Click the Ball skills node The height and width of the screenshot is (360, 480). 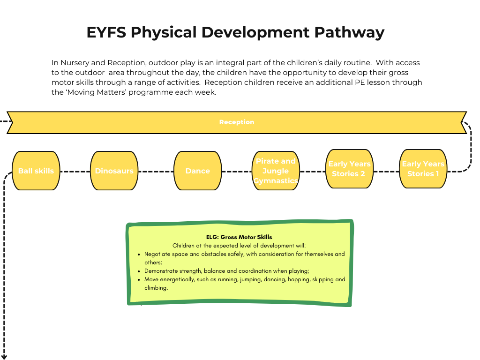[36, 171]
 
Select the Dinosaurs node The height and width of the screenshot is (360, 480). [114, 171]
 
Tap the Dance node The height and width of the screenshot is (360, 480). [197, 171]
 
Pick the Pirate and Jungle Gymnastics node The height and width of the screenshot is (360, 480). [276, 171]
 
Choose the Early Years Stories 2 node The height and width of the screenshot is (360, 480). [349, 169]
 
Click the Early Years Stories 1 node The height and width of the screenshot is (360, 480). [423, 169]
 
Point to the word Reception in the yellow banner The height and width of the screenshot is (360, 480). [237, 122]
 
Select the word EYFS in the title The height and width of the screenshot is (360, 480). [106, 32]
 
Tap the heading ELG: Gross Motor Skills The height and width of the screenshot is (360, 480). [239, 237]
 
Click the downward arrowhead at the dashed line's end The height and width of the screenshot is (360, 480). [5, 357]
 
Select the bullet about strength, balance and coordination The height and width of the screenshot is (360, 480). [226, 271]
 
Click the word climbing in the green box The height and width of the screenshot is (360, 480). [156, 288]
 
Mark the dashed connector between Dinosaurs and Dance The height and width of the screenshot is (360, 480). [156, 172]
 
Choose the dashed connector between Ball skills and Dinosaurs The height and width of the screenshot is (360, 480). [75, 172]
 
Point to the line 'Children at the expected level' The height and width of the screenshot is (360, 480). [239, 246]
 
